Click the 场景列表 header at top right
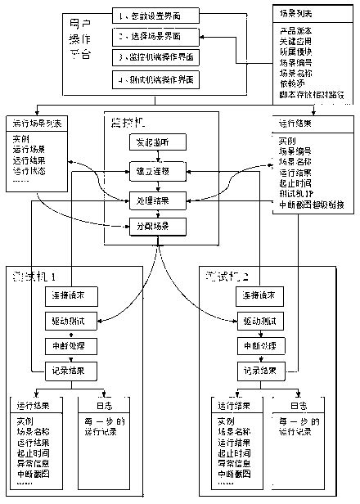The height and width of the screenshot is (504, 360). tap(293, 16)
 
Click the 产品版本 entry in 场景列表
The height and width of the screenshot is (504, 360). tap(294, 29)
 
